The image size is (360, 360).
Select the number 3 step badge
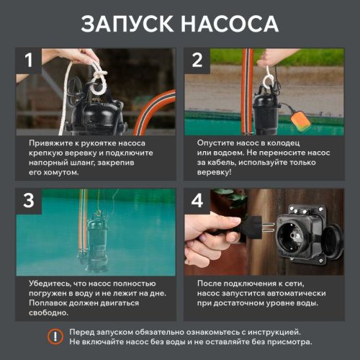(x=29, y=201)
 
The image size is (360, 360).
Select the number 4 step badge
(x=197, y=201)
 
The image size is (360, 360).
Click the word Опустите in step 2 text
(x=220, y=143)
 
